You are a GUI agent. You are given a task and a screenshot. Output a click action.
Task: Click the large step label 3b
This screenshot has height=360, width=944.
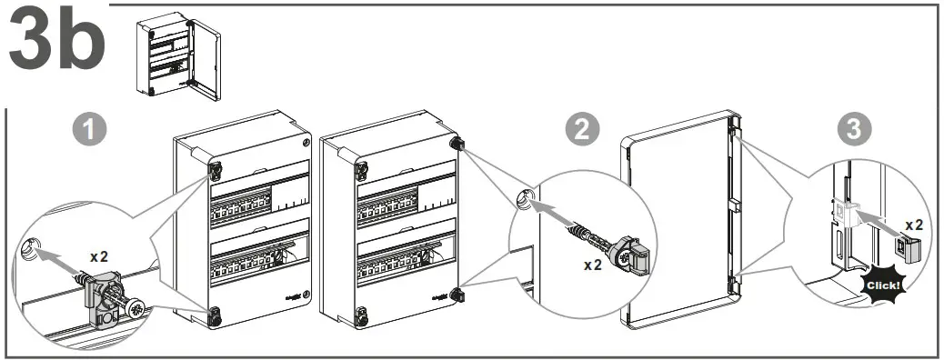[x=56, y=37]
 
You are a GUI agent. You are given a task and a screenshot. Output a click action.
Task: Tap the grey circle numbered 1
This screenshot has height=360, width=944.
[x=90, y=130]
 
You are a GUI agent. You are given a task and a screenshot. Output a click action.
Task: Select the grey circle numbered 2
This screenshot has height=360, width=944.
[x=581, y=130]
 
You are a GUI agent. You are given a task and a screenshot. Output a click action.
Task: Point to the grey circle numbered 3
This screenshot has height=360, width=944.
[x=855, y=130]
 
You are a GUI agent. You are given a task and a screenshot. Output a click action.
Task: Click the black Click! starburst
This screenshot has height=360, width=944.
[x=882, y=283]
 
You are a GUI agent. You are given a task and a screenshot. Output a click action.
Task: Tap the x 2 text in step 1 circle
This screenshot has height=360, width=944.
[x=99, y=256]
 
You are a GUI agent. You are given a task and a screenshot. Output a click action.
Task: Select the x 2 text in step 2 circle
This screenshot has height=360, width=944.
[x=593, y=265]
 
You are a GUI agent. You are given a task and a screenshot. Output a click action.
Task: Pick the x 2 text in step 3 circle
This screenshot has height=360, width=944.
[x=914, y=225]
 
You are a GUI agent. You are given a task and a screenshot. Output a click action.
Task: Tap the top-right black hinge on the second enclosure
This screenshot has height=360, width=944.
[x=457, y=145]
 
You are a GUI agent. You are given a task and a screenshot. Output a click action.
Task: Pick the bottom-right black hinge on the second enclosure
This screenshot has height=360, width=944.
[x=457, y=295]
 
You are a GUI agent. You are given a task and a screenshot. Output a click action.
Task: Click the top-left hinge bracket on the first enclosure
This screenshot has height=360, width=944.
[x=215, y=170]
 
